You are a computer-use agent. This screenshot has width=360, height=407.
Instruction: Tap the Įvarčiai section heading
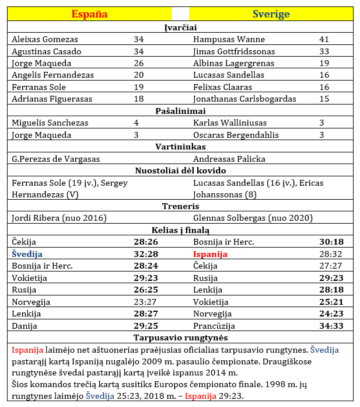pyautogui.click(x=180, y=27)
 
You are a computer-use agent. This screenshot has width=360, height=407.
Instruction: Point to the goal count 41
pyautogui.click(x=324, y=40)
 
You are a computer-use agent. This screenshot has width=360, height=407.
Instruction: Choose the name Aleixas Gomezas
pyautogui.click(x=45, y=40)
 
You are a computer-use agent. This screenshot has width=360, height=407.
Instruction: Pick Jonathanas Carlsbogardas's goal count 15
pyautogui.click(x=324, y=99)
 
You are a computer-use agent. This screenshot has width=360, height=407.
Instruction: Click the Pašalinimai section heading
pyautogui.click(x=180, y=111)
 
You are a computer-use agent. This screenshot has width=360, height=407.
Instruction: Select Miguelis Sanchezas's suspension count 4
pyautogui.click(x=136, y=123)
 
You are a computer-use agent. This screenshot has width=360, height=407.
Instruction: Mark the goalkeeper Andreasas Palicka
pyautogui.click(x=229, y=159)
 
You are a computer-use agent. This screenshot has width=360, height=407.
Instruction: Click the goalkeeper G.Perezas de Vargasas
pyautogui.click(x=56, y=159)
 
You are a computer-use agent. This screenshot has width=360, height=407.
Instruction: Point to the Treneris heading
pyautogui.click(x=180, y=206)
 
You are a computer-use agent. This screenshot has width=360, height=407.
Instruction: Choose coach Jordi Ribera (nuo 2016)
pyautogui.click(x=59, y=218)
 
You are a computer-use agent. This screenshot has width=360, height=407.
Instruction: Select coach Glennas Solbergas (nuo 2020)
pyautogui.click(x=253, y=218)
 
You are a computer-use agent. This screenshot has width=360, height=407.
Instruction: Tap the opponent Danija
pyautogui.click(x=24, y=326)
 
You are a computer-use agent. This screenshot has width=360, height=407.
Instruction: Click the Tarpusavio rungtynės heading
pyautogui.click(x=180, y=338)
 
